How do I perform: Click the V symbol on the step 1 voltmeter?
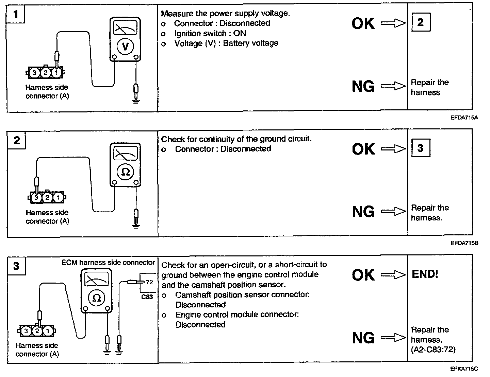[125, 47]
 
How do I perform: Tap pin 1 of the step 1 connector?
[56, 72]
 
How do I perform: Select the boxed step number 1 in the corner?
[15, 15]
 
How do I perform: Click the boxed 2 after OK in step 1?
[421, 22]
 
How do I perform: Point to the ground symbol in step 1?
[136, 100]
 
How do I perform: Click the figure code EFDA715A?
[464, 118]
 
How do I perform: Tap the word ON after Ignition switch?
[240, 33]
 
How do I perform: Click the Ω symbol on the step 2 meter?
[126, 172]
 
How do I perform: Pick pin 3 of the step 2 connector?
[36, 197]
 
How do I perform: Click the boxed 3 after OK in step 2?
[421, 148]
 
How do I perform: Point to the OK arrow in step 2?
[393, 149]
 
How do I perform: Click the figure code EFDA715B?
[464, 243]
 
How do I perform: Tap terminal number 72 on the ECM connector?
[149, 282]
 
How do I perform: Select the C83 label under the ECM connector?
[147, 297]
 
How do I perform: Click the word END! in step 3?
[425, 274]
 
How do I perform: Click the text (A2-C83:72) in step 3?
[433, 349]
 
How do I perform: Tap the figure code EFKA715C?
[464, 369]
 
